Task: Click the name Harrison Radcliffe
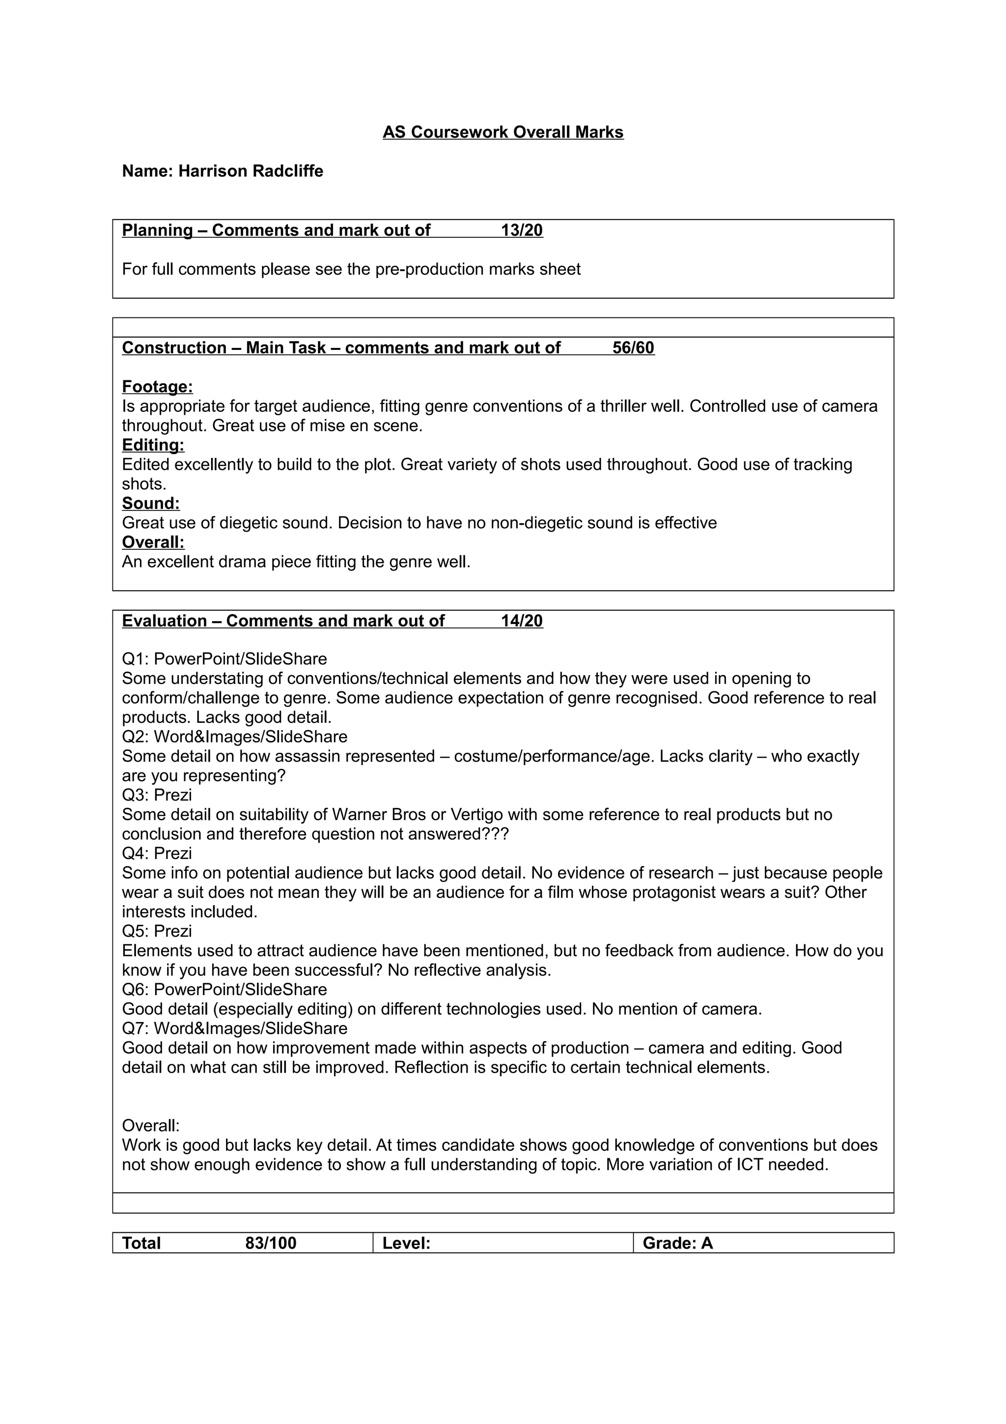251,171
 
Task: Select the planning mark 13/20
521,230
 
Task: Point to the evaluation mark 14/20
521,621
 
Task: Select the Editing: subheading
153,445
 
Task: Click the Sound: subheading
151,503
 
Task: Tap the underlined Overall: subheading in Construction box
153,542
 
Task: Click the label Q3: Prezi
157,795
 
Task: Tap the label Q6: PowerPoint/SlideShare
224,989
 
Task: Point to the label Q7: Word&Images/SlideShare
234,1028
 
